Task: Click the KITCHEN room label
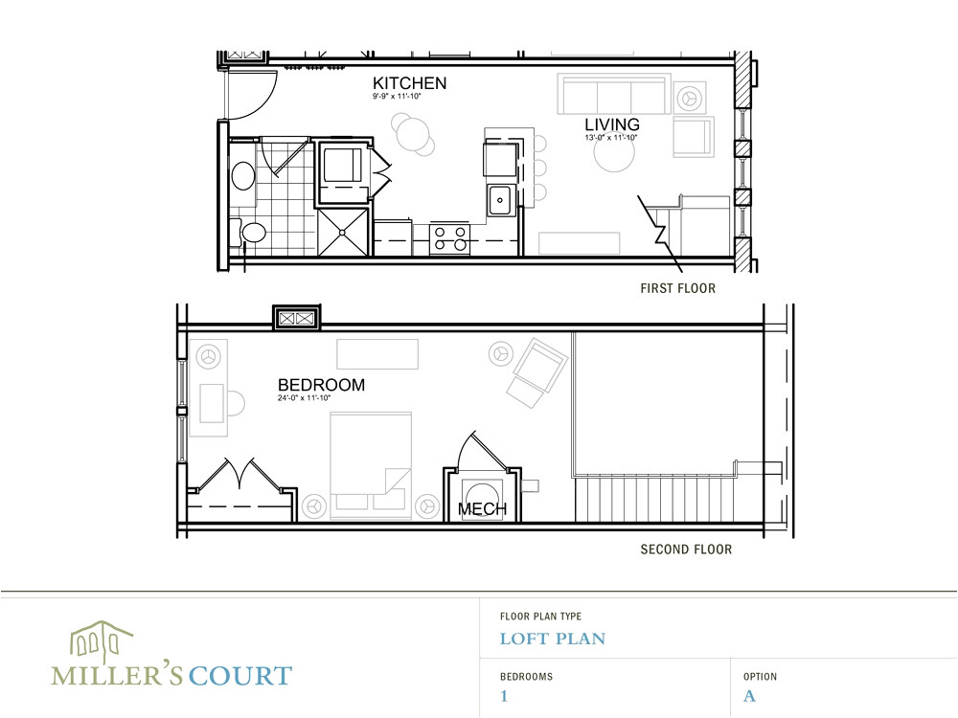(x=409, y=83)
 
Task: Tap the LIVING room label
(x=612, y=125)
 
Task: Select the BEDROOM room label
(x=320, y=385)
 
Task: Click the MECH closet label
(x=482, y=509)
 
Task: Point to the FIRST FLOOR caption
(x=677, y=288)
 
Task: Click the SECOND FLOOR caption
(x=686, y=550)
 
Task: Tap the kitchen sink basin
(x=499, y=201)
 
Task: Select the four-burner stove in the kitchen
(x=449, y=237)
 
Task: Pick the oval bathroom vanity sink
(x=243, y=177)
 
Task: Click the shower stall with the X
(x=343, y=232)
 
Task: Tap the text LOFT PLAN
(x=552, y=639)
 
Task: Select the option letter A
(x=749, y=696)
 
